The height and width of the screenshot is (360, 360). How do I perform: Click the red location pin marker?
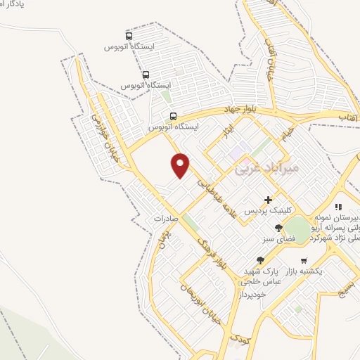click(181, 165)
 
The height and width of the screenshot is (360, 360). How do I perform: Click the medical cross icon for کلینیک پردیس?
click(268, 200)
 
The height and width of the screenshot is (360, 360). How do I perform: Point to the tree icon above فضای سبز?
click(278, 228)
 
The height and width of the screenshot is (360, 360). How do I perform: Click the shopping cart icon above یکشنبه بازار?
click(303, 260)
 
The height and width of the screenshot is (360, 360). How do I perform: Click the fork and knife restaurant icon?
click(338, 207)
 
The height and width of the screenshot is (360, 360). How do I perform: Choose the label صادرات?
click(168, 219)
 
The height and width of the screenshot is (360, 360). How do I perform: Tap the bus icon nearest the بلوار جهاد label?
click(173, 117)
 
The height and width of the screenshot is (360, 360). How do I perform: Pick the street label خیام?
click(283, 132)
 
